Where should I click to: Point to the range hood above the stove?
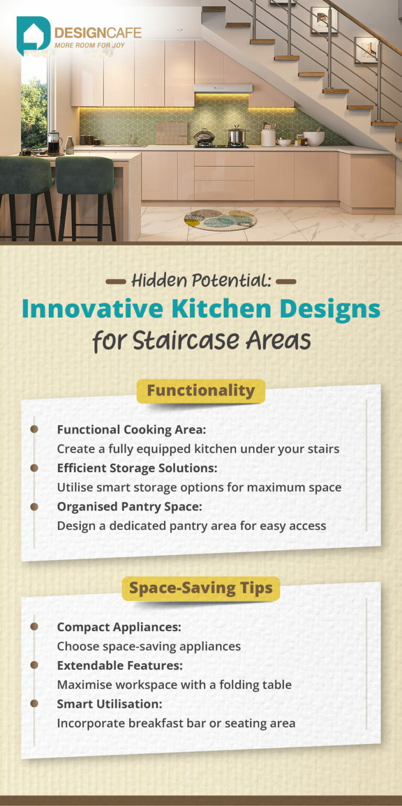click(223, 89)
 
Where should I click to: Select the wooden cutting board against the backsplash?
click(171, 133)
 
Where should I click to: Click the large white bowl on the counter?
click(314, 138)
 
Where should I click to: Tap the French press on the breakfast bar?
click(54, 142)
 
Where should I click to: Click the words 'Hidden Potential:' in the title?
click(201, 281)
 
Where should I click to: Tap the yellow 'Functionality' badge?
click(200, 391)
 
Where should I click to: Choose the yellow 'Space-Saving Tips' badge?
click(200, 588)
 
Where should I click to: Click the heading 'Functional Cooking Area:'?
click(131, 429)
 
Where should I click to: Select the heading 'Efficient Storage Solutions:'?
click(137, 468)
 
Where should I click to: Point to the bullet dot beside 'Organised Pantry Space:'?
click(34, 506)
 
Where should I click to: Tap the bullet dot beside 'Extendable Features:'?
click(34, 665)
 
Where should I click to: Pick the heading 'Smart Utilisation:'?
click(109, 704)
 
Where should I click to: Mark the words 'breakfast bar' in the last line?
click(170, 723)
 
